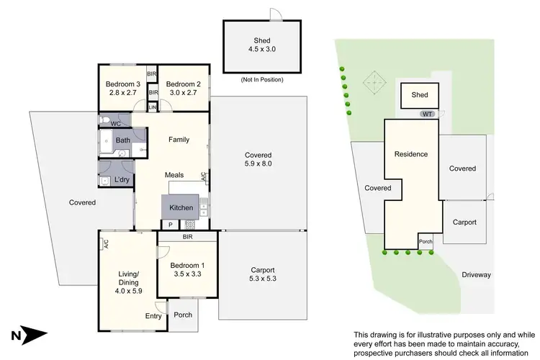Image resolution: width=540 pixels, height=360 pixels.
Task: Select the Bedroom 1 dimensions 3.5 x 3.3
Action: (186, 274)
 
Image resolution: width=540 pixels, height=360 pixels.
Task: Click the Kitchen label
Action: (181, 208)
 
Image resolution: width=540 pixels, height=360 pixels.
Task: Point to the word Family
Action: (179, 140)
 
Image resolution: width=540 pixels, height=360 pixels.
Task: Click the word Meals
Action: (176, 174)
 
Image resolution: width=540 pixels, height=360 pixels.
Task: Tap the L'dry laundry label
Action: (121, 179)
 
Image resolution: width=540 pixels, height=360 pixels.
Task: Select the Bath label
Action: (122, 140)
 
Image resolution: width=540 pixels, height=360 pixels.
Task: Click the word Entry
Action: (153, 316)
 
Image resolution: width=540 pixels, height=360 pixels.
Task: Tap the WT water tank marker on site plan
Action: (428, 114)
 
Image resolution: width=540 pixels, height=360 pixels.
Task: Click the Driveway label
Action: (476, 274)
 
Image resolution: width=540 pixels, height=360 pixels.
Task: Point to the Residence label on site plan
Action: (410, 154)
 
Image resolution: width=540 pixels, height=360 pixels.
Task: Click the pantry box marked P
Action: (170, 225)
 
